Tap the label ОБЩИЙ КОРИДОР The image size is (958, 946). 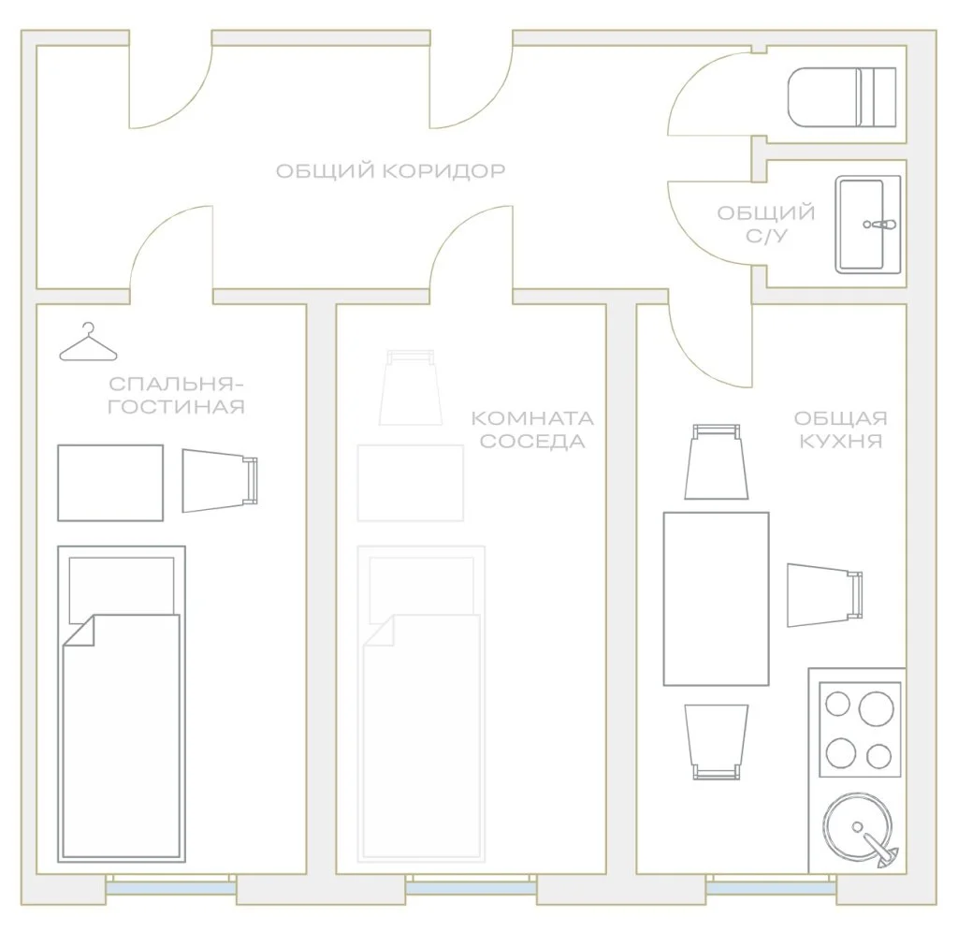[x=390, y=170]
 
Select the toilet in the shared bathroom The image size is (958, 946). [x=842, y=97]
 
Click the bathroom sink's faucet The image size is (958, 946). [x=879, y=225]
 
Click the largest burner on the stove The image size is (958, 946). [x=876, y=709]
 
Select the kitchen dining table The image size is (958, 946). [x=716, y=599]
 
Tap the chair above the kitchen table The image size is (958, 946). [x=717, y=462]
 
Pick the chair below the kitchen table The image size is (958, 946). [x=717, y=742]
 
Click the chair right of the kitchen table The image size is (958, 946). [x=825, y=595]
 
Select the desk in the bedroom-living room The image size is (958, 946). [x=110, y=483]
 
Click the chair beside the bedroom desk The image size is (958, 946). [x=220, y=481]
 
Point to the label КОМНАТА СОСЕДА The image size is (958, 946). [x=532, y=429]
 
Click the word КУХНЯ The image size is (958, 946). [x=841, y=441]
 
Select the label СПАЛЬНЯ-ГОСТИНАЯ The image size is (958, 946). [x=176, y=396]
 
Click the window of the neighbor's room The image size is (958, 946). [x=472, y=884]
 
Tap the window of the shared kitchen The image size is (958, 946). [x=771, y=884]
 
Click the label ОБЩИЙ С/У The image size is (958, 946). [x=766, y=225]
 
